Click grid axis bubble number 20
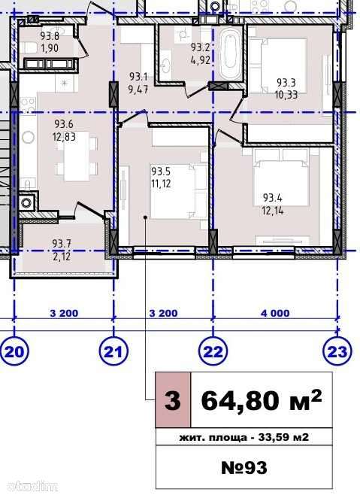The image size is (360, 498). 14,351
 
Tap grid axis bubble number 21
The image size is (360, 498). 113,351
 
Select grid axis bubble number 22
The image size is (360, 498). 213,351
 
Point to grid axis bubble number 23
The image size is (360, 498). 337,351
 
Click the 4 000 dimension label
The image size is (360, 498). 275,313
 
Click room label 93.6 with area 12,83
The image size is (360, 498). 64,130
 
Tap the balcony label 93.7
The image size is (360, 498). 62,250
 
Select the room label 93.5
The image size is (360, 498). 161,178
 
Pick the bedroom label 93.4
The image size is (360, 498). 273,204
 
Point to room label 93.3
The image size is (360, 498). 286,89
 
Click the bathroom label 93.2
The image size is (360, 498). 201,53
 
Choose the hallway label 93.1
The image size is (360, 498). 138,83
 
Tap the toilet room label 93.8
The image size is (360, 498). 50,41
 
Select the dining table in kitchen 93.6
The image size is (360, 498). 76,156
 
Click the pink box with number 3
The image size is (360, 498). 173,400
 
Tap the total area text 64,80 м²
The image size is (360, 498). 262,400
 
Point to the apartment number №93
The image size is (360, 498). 244,467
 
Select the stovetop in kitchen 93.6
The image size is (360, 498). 28,105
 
